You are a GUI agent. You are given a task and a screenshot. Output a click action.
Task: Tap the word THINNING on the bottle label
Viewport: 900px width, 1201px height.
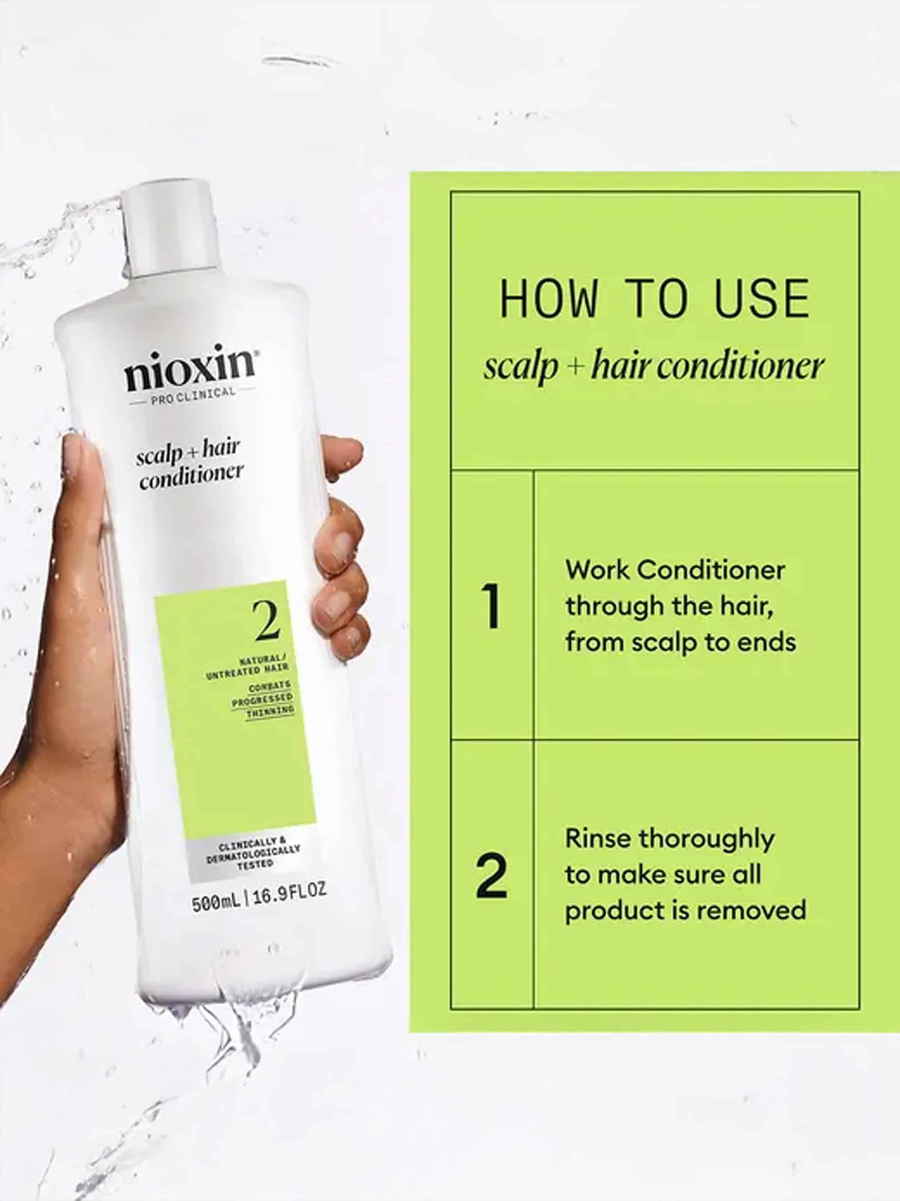click(x=270, y=711)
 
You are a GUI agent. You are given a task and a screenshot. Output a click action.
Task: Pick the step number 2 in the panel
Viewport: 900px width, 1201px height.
click(x=491, y=875)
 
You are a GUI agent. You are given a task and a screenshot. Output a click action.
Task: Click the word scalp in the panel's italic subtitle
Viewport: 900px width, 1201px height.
click(x=520, y=369)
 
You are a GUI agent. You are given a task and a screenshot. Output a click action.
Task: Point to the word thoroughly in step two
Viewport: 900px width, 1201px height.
click(x=706, y=841)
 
